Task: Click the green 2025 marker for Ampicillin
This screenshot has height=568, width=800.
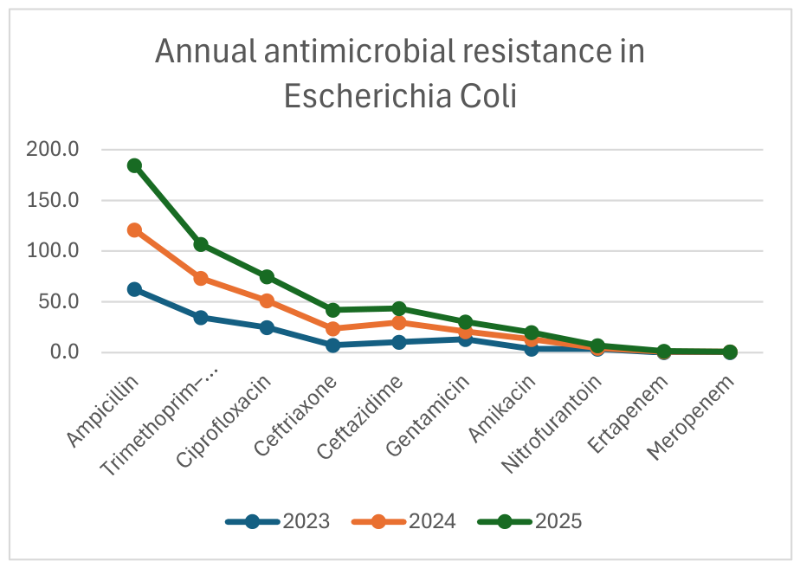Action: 135,165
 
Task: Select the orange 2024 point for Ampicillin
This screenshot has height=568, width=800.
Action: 135,230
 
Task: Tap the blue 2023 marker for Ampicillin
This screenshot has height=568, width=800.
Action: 135,289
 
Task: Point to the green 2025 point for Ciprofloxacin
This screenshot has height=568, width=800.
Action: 267,277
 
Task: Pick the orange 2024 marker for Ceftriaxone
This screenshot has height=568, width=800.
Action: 333,329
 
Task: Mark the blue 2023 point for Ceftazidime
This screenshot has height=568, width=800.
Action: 399,342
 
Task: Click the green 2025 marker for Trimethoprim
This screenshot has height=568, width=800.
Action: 201,244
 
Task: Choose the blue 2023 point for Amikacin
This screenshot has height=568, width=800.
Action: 532,349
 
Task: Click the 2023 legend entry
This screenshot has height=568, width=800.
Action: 278,521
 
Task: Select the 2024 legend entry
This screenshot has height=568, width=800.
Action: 404,521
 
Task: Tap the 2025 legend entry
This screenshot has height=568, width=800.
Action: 530,521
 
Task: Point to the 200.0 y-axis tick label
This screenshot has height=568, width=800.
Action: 53,149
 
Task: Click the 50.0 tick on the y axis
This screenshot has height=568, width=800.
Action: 59,301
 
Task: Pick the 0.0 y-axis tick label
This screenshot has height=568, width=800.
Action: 65,352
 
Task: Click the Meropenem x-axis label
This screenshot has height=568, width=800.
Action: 691,417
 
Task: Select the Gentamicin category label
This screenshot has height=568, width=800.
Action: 427,416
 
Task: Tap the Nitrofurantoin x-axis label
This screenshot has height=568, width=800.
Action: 552,424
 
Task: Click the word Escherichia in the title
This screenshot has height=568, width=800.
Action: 367,96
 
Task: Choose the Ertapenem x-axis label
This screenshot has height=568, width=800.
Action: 628,414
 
